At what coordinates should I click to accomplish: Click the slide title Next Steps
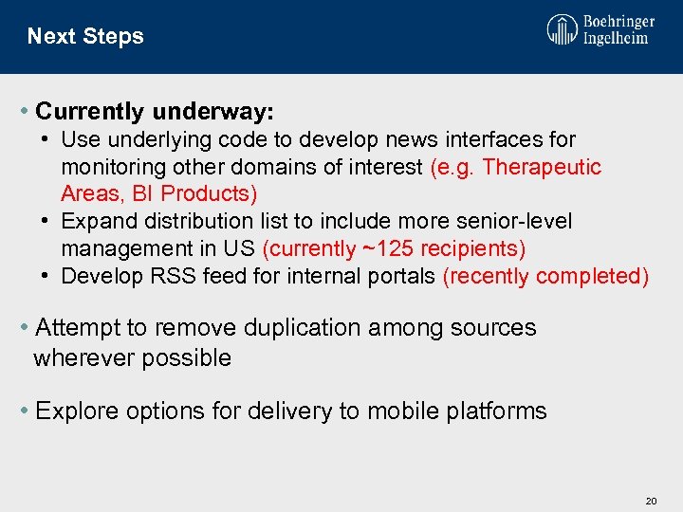85,36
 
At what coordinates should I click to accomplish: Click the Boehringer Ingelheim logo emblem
562,29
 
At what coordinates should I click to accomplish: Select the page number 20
651,500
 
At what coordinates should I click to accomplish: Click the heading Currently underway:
155,112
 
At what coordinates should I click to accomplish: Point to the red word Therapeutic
543,167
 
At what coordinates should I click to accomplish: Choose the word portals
398,276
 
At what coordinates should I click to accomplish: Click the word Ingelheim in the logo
616,39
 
